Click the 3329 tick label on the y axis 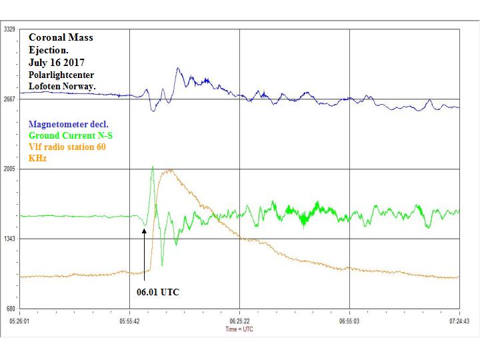(x=10, y=30)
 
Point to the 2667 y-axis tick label (x=10, y=99)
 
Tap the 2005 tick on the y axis (x=10, y=169)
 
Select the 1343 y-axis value (x=10, y=239)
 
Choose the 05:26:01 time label (x=20, y=321)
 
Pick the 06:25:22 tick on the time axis (x=239, y=321)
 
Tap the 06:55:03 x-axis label (x=349, y=321)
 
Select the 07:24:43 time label (x=459, y=321)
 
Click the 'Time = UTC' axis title (x=239, y=329)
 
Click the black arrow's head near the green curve (x=144, y=229)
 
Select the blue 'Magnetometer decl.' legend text (x=69, y=124)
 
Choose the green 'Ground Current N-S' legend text (x=75, y=135)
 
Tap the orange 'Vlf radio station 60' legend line (x=67, y=147)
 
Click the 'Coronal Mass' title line (x=61, y=38)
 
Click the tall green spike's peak (x=153, y=167)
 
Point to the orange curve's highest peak (x=171, y=169)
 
